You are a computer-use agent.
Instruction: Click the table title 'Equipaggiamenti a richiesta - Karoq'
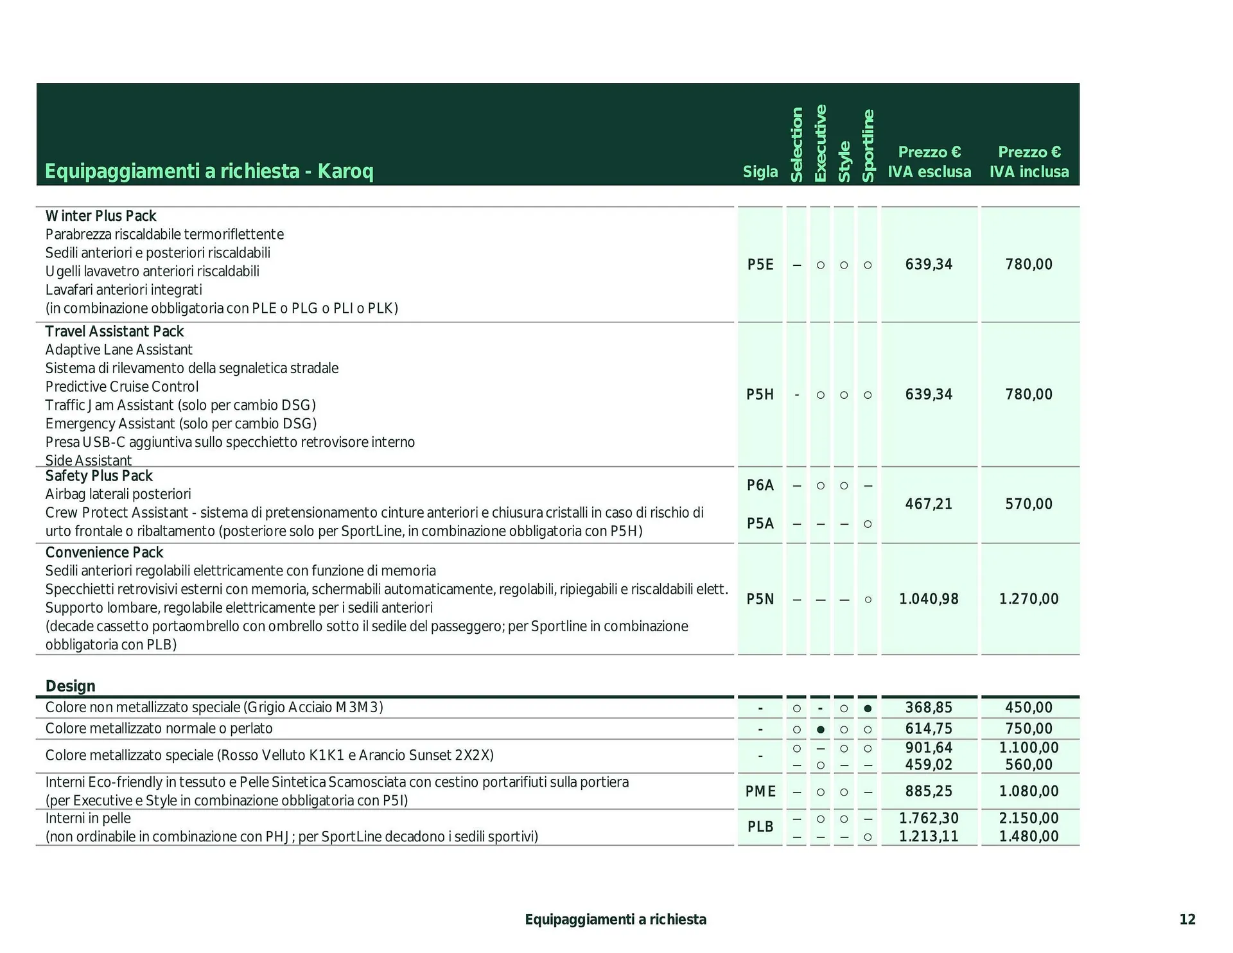click(209, 171)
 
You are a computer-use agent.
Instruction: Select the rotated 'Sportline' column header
click(868, 146)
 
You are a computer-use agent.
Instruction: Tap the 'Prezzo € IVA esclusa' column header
click(929, 162)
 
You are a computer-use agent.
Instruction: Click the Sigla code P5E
click(760, 265)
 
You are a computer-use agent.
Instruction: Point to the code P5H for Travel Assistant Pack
click(760, 395)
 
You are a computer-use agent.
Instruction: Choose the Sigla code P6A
click(760, 485)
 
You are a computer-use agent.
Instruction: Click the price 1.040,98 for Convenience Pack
click(929, 599)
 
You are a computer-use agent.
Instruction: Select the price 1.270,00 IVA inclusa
click(1029, 599)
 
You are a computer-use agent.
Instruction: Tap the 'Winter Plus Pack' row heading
click(101, 216)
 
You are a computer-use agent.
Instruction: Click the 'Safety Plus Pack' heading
click(99, 476)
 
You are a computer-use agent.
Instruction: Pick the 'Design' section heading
click(70, 686)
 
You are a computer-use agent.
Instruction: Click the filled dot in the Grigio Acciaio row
click(868, 708)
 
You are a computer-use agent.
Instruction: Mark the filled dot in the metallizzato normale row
click(820, 730)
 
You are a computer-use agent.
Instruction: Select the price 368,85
click(929, 708)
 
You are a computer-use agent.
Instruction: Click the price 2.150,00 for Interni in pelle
click(1029, 818)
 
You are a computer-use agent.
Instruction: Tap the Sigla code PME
click(760, 792)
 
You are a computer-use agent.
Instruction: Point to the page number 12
click(1187, 920)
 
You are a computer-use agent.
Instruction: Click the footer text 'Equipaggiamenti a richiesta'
click(615, 920)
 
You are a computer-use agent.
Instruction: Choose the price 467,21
click(929, 504)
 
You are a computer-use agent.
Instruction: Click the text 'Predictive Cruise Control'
click(122, 387)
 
